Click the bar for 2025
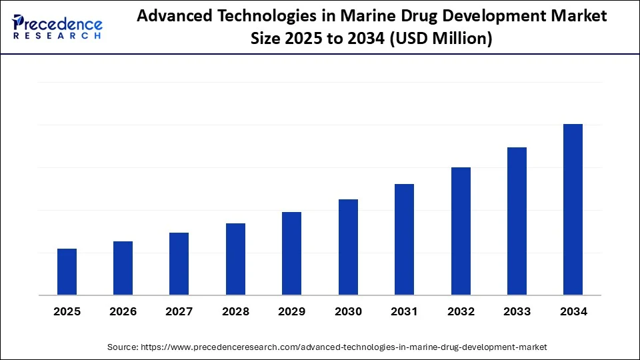click(x=67, y=272)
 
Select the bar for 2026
click(x=123, y=268)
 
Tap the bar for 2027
click(x=179, y=264)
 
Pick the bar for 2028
click(x=235, y=259)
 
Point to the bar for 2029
click(x=291, y=253)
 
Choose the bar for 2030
click(x=348, y=247)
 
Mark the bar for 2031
click(x=404, y=239)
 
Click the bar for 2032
click(x=461, y=231)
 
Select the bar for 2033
click(x=517, y=221)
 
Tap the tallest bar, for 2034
click(x=573, y=209)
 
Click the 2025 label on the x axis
click(x=67, y=311)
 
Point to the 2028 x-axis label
click(x=235, y=311)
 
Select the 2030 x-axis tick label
click(x=348, y=311)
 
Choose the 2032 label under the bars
click(x=461, y=311)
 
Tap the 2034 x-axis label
click(x=573, y=311)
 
